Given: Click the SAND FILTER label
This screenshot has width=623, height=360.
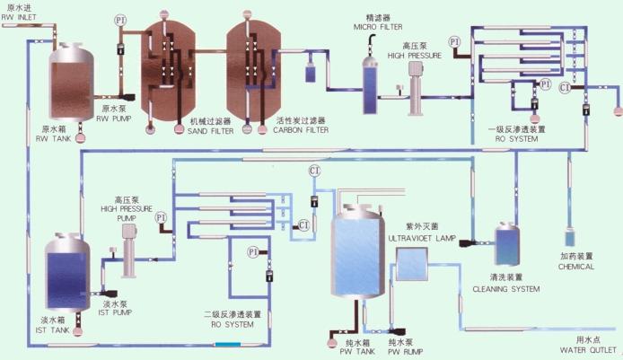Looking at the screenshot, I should [x=209, y=129].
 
